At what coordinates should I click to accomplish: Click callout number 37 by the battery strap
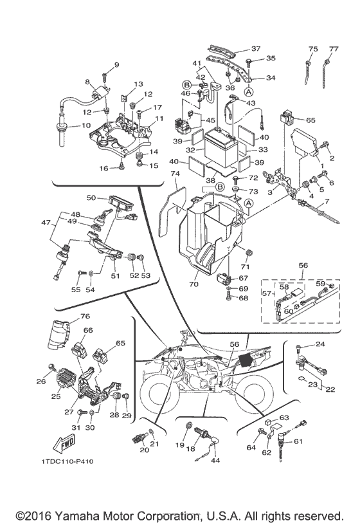point(256,48)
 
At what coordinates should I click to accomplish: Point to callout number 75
point(313,49)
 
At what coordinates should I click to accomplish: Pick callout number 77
point(333,49)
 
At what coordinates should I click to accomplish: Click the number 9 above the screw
point(116,64)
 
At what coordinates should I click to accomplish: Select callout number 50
point(91,198)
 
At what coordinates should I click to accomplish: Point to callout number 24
point(320,344)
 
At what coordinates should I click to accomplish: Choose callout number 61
point(316,441)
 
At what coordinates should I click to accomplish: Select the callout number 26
point(41,381)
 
